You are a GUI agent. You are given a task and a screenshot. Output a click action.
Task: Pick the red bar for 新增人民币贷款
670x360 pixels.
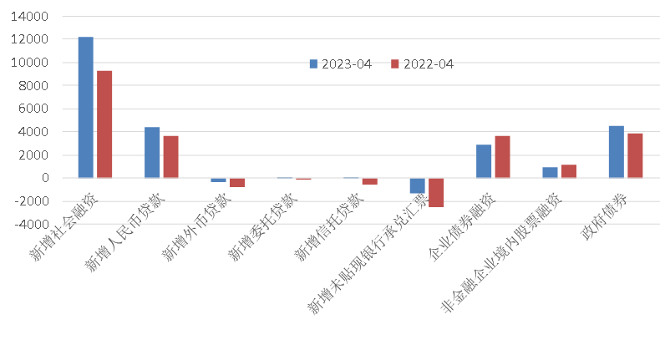click(170, 156)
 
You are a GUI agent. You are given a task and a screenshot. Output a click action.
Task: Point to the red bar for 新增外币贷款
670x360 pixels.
click(237, 182)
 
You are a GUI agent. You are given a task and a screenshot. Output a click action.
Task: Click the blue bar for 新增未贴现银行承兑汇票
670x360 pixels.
click(417, 185)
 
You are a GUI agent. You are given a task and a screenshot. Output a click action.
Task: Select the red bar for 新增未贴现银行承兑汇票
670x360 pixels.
click(436, 192)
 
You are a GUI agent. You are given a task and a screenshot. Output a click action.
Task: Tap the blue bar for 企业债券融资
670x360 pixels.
click(484, 161)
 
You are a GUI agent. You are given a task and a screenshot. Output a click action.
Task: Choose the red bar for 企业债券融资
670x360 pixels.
click(502, 156)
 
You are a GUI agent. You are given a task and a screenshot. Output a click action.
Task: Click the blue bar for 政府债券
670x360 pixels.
click(616, 151)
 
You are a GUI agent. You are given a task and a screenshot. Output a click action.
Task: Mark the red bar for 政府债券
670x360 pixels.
click(635, 155)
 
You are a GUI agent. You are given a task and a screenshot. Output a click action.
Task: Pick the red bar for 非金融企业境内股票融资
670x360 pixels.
click(569, 171)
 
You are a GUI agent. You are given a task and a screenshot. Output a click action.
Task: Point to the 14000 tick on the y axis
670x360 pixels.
click(33, 17)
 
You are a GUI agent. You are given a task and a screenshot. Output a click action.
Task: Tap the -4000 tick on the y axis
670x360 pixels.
click(33, 224)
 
